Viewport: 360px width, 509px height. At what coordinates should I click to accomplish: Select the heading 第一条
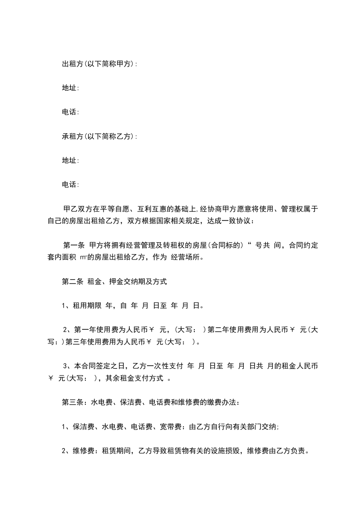click(x=74, y=245)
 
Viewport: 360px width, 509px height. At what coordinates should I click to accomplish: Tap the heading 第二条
click(x=72, y=282)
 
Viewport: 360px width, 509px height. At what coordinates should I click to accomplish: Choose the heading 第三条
click(x=72, y=402)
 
